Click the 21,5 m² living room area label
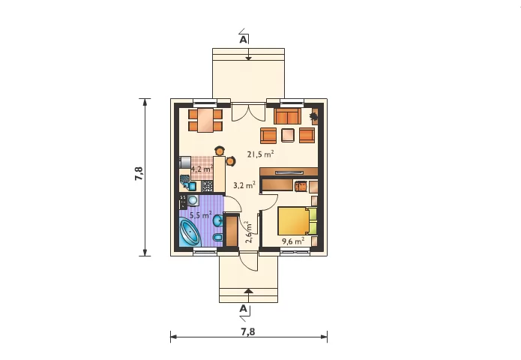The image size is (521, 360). click(261, 154)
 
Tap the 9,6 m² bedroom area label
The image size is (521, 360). click(293, 241)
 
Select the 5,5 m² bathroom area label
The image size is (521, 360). click(201, 215)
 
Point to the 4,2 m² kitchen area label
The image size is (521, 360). click(202, 169)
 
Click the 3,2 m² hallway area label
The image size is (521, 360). click(244, 185)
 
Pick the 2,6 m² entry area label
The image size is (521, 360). click(249, 232)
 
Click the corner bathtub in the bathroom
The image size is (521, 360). click(190, 232)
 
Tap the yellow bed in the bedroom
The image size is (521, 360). click(298, 221)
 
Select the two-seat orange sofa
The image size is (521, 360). click(287, 116)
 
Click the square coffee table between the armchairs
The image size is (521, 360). click(288, 135)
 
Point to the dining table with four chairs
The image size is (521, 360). click(205, 120)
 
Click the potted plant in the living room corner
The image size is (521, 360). click(313, 116)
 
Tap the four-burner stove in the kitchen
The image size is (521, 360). click(208, 186)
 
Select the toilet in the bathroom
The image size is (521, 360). click(217, 238)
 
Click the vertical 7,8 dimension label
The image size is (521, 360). click(139, 173)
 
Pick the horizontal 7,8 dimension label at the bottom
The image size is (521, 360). click(248, 331)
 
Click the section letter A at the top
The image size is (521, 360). click(243, 40)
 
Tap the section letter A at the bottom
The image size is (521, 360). click(243, 308)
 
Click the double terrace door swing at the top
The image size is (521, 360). click(248, 112)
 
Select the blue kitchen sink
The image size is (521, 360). click(192, 186)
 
